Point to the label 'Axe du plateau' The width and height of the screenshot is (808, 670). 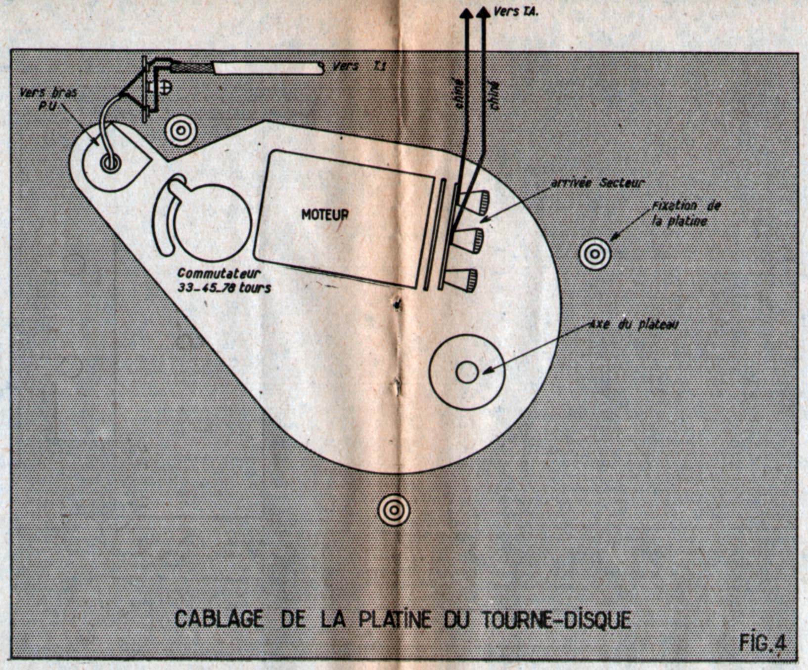634,325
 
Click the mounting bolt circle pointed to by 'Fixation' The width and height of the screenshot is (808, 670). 595,254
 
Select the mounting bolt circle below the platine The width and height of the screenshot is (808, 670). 394,509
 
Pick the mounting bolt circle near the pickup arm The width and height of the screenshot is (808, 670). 180,131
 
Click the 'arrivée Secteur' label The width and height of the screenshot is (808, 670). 597,182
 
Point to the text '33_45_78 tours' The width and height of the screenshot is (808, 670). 224,288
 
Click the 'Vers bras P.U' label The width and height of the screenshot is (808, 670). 48,99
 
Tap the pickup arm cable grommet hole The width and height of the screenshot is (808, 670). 109,163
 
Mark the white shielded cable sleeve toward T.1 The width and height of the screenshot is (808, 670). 267,68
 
